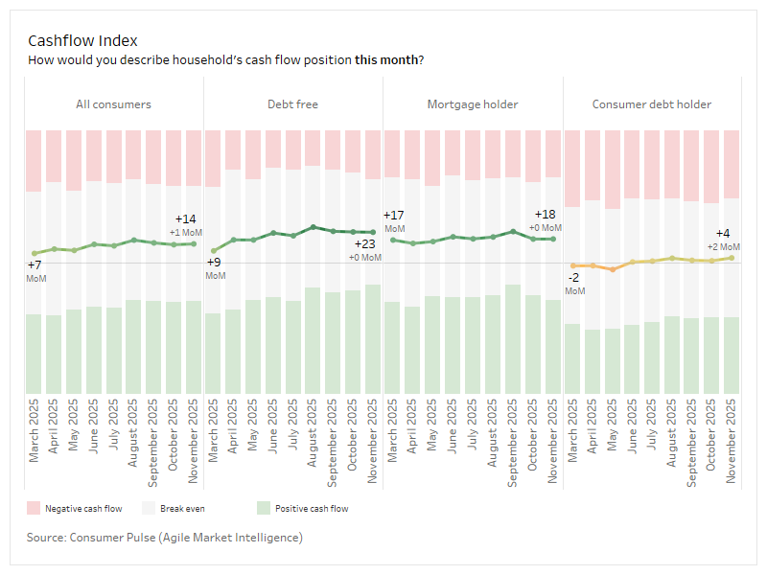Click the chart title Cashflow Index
click(x=82, y=40)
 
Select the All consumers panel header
click(x=113, y=103)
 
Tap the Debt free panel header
click(x=293, y=103)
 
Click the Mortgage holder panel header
click(x=473, y=103)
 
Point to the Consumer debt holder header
click(x=652, y=103)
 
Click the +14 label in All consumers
click(x=185, y=219)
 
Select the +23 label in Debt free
click(x=364, y=244)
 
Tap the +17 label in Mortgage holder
click(x=393, y=216)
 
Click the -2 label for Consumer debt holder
click(x=573, y=278)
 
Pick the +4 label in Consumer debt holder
click(x=723, y=234)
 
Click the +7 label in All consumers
click(x=35, y=265)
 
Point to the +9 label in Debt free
click(x=214, y=263)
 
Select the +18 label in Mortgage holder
click(x=545, y=215)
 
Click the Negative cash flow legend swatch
click(x=33, y=508)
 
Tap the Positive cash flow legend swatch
click(x=263, y=508)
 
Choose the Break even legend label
click(x=182, y=509)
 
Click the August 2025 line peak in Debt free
click(x=314, y=227)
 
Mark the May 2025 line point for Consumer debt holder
click(x=613, y=269)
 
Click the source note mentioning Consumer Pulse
click(x=164, y=538)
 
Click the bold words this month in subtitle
click(x=386, y=59)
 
